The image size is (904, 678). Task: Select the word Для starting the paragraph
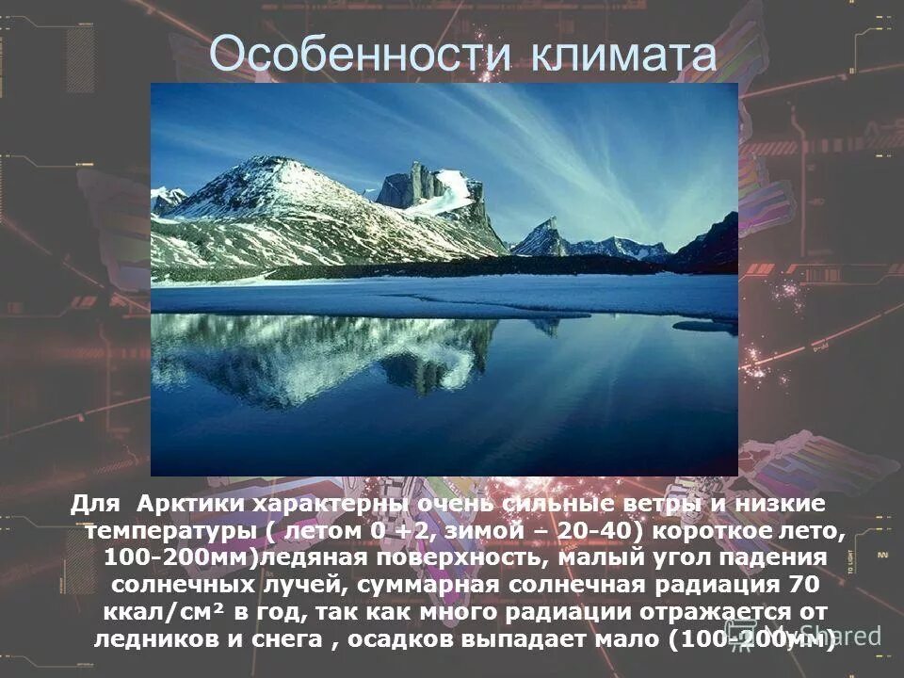pyautogui.click(x=93, y=504)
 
